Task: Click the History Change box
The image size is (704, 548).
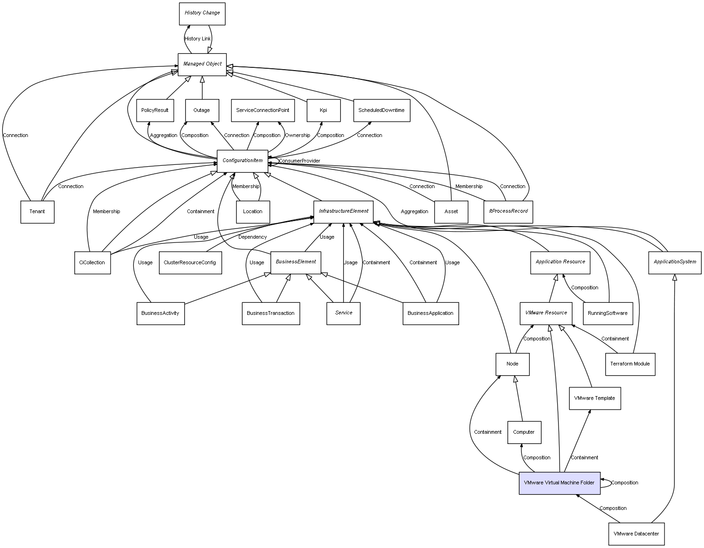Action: pos(202,13)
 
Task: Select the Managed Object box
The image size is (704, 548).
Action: pos(202,64)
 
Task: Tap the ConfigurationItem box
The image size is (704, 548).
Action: pos(242,161)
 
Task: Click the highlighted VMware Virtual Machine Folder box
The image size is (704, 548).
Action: pos(559,483)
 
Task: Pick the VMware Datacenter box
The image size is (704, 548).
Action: pos(636,534)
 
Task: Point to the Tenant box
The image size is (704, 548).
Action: pos(37,212)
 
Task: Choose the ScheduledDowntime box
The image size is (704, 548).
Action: pos(382,111)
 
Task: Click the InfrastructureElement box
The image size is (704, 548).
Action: pos(343,211)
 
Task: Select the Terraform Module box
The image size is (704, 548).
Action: pos(630,364)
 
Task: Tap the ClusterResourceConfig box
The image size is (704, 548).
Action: pos(190,263)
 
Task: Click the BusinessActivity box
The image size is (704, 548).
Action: pos(160,313)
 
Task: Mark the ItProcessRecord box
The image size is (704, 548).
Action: pos(508,212)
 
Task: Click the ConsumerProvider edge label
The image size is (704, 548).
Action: pos(299,161)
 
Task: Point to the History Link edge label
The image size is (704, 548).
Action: pos(197,39)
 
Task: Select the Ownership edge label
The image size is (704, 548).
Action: pos(297,136)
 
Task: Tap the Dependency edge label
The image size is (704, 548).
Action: pos(252,237)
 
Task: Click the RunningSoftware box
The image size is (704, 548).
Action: pos(607,313)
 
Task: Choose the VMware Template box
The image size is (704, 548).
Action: pos(594,398)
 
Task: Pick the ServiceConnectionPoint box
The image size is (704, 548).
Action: pos(263,111)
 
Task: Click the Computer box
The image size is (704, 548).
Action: pos(524,432)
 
